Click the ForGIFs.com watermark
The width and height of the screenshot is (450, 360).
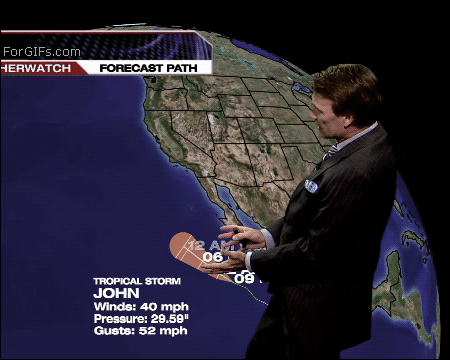pyautogui.click(x=42, y=50)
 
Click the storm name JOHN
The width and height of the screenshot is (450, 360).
pyautogui.click(x=113, y=294)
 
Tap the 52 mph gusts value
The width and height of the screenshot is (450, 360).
pyautogui.click(x=165, y=330)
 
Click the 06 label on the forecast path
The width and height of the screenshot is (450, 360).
pyautogui.click(x=212, y=257)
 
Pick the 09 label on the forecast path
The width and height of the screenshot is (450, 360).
pyautogui.click(x=243, y=278)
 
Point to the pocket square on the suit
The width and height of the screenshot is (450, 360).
pyautogui.click(x=312, y=186)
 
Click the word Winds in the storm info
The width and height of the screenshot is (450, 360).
pyautogui.click(x=115, y=306)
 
